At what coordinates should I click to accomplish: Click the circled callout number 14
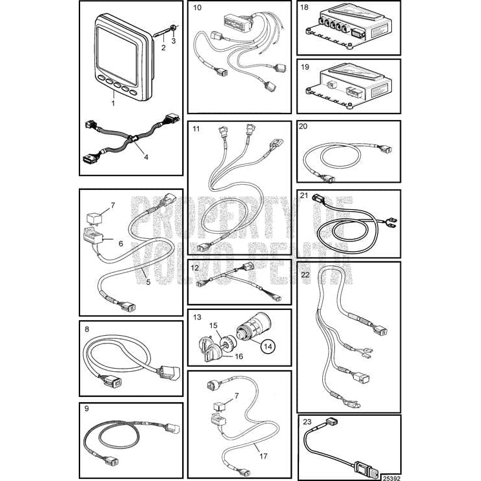[267, 347]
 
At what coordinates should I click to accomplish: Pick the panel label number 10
[197, 8]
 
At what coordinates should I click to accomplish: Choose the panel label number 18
[305, 8]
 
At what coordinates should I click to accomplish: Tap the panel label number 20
[303, 127]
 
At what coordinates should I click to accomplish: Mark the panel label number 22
[306, 274]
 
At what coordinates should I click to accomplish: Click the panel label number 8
[86, 328]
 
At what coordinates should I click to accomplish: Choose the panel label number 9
[87, 409]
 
